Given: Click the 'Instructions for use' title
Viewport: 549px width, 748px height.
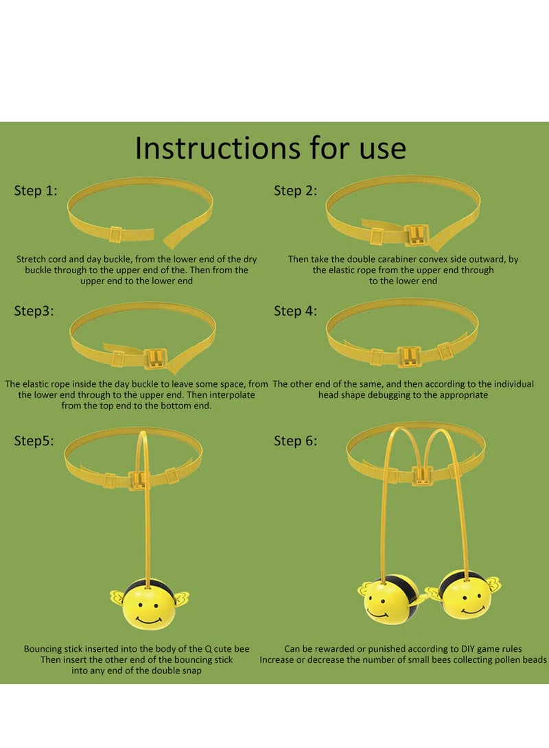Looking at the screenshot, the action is click(270, 148).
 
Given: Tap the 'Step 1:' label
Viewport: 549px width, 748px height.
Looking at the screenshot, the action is click(36, 191).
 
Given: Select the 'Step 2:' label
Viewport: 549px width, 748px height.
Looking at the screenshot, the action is click(295, 191).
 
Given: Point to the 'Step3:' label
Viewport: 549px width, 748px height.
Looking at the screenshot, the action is click(34, 311).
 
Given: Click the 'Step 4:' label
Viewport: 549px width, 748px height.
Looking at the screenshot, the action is click(295, 311).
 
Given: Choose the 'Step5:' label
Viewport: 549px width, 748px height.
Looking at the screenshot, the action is click(34, 441).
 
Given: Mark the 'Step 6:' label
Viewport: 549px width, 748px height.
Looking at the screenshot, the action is click(295, 441).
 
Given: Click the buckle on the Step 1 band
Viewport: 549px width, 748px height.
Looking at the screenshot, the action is click(116, 234).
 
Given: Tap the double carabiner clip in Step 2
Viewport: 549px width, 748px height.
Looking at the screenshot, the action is click(417, 235).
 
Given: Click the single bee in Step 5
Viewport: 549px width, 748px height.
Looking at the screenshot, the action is click(150, 603).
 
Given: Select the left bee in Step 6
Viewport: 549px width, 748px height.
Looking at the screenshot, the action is click(388, 598).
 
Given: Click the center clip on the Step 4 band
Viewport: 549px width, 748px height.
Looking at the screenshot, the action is click(409, 356).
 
